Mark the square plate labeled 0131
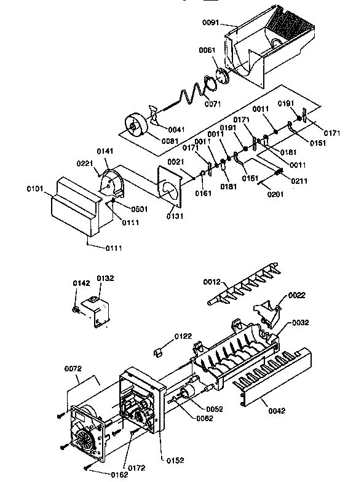(x=170, y=184)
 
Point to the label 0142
(x=81, y=283)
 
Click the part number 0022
(x=296, y=295)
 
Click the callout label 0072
(x=73, y=369)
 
